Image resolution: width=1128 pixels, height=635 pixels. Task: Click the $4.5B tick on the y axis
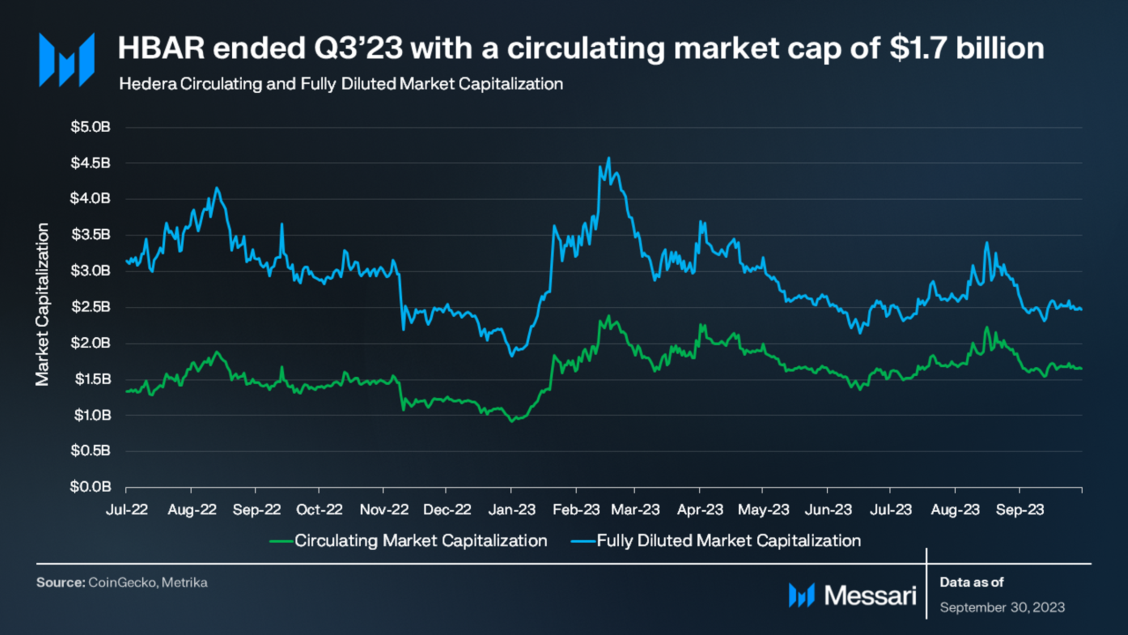91,163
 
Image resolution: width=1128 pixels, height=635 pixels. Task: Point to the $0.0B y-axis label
91,486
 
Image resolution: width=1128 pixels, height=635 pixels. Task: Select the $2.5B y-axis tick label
91,307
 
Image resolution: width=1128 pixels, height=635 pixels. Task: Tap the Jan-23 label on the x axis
511,510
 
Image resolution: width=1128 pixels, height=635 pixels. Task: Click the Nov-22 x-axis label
384,510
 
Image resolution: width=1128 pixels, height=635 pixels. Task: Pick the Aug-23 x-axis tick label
955,510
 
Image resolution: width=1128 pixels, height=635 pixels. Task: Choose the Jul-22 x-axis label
127,510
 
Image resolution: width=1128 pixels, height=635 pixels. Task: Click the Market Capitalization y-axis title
42,304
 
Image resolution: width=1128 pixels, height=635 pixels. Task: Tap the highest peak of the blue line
609,158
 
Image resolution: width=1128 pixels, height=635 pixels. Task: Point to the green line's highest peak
609,316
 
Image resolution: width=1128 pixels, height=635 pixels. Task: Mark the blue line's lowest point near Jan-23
512,356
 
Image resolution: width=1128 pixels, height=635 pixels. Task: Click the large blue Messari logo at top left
67,60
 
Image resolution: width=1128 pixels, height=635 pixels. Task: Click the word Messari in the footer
870,595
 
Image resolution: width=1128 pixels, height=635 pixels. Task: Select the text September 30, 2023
1002,608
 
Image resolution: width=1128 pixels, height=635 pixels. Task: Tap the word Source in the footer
60,582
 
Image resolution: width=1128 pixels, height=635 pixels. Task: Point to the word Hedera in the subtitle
148,84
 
